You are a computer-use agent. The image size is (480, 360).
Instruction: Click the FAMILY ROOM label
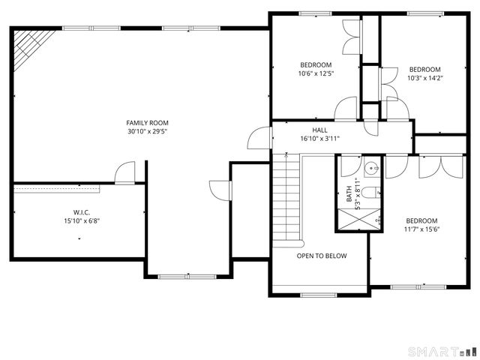pyautogui.click(x=147, y=122)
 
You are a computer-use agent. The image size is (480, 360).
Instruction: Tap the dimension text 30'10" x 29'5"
pyautogui.click(x=147, y=131)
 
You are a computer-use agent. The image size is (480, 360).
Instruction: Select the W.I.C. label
pyautogui.click(x=82, y=212)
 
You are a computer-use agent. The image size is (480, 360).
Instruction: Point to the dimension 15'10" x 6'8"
pyautogui.click(x=82, y=221)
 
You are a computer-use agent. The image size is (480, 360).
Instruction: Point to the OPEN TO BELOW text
pyautogui.click(x=321, y=256)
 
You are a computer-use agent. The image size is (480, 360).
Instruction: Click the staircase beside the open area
pyautogui.click(x=286, y=199)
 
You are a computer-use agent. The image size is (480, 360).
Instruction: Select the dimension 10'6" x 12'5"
pyautogui.click(x=316, y=73)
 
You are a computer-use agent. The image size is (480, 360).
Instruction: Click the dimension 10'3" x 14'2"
pyautogui.click(x=425, y=77)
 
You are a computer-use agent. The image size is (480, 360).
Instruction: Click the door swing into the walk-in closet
pyautogui.click(x=125, y=173)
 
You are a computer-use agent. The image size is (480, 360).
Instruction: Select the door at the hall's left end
pyautogui.click(x=258, y=138)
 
